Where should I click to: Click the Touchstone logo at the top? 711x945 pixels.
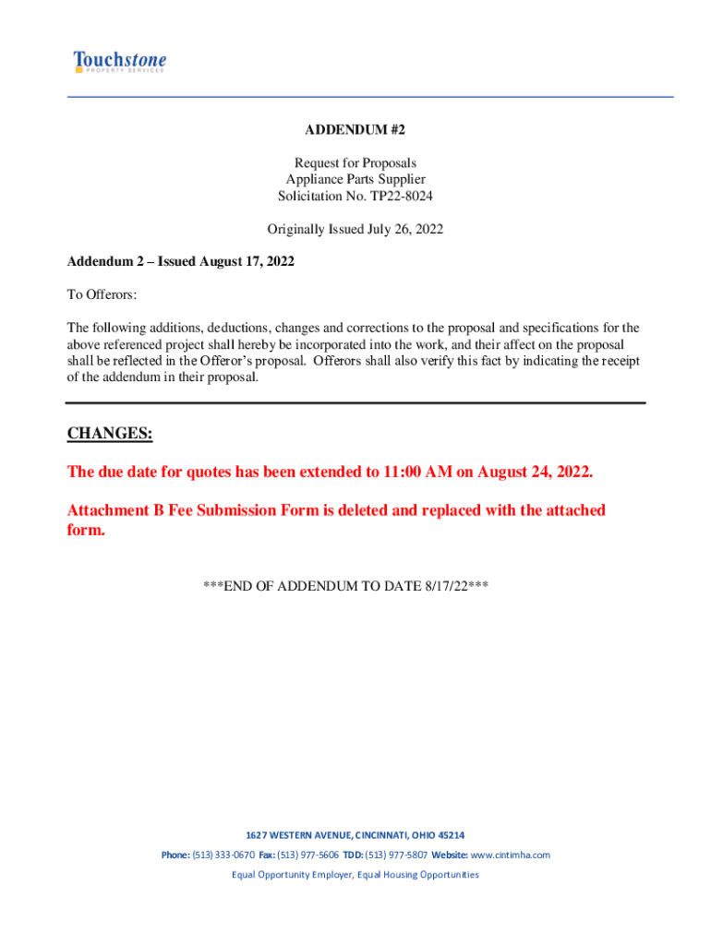tap(120, 63)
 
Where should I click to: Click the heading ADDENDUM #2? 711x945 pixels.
tap(355, 131)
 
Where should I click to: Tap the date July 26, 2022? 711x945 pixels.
tap(402, 229)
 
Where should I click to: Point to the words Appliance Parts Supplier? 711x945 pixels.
tap(355, 180)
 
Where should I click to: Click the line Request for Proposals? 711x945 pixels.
tap(355, 163)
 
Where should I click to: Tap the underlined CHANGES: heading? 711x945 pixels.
tap(110, 434)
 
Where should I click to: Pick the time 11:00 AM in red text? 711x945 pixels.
tap(416, 472)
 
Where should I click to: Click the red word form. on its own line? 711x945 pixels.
tap(87, 531)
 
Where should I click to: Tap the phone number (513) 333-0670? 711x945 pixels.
tap(223, 855)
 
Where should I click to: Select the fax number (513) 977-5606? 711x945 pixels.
tap(307, 855)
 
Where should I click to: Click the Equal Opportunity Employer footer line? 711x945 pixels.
tap(355, 874)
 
